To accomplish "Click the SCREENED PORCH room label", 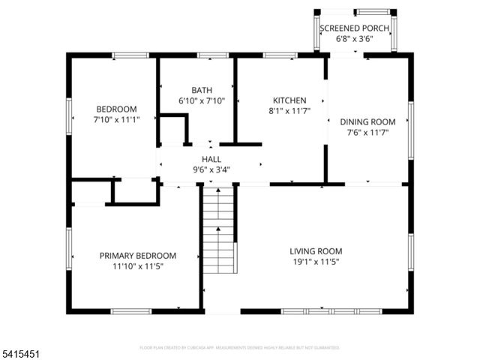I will click(x=355, y=28).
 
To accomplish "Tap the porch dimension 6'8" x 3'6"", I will click(x=355, y=39).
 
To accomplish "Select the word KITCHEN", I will click(x=289, y=100).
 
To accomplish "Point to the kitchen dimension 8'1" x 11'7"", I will click(x=289, y=111).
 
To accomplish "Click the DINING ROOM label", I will click(x=367, y=122).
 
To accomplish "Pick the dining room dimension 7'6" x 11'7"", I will click(x=367, y=133).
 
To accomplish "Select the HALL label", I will click(x=210, y=159).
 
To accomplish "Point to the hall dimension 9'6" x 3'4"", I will click(x=210, y=169).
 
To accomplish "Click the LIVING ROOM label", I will click(x=316, y=251).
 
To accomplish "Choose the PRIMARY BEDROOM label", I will click(x=138, y=256).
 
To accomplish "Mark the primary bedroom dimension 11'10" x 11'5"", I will click(x=138, y=266).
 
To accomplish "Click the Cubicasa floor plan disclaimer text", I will click(x=240, y=348).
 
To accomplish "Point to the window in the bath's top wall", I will click(x=212, y=55).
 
